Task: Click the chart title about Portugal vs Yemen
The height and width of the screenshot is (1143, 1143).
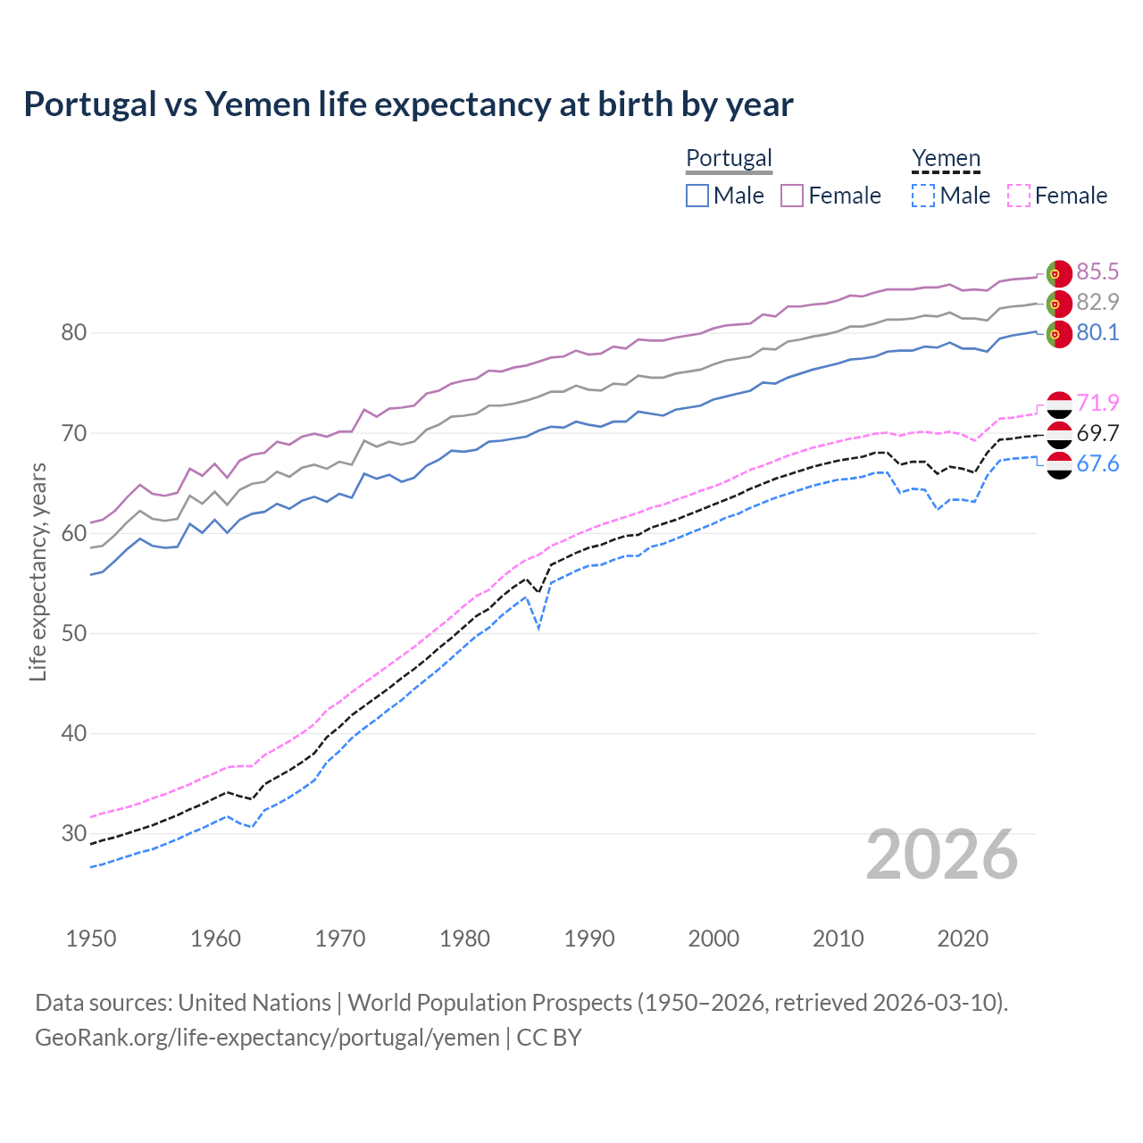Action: tap(408, 104)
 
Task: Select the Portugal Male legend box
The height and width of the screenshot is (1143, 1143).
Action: tap(697, 196)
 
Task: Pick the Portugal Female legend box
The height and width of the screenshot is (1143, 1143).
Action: tap(792, 196)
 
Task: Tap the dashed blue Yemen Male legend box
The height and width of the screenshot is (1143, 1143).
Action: tap(923, 196)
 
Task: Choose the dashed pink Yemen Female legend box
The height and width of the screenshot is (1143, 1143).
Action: tap(1019, 196)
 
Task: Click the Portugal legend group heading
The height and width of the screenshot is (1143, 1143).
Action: tap(729, 158)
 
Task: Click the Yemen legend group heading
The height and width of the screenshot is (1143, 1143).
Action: tap(946, 158)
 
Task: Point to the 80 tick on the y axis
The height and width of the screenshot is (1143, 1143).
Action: tap(73, 333)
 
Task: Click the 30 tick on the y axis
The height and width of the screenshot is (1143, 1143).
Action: tap(73, 833)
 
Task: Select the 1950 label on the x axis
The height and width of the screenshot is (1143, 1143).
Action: tap(91, 939)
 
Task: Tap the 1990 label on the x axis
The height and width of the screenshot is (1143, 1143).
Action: tap(589, 939)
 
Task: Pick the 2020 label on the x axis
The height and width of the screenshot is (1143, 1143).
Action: tap(963, 939)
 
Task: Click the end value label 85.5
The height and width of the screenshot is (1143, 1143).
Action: tap(1097, 271)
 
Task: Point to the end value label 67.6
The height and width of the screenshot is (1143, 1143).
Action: tap(1097, 463)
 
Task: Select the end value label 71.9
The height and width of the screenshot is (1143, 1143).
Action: tap(1097, 403)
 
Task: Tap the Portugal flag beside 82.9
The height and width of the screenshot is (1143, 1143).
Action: tap(1058, 304)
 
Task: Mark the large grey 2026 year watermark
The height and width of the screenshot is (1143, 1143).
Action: tap(941, 855)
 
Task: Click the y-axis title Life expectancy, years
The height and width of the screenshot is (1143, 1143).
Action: tap(38, 571)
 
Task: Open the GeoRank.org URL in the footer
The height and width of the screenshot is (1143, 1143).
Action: tap(267, 1038)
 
